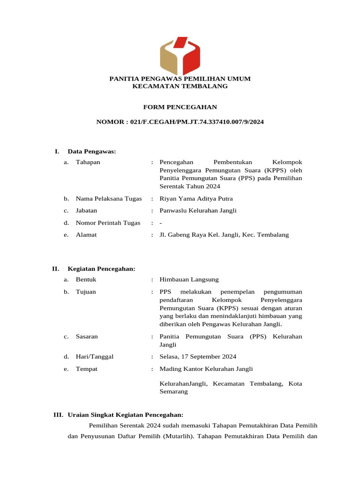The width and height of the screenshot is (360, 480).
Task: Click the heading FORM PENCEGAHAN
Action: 180,107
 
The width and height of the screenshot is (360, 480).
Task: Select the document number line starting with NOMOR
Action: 180,122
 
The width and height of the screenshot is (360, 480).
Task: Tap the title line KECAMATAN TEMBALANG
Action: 180,86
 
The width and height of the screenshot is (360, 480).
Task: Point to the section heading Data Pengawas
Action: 92,151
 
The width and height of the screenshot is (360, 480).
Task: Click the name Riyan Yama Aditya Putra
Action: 196,199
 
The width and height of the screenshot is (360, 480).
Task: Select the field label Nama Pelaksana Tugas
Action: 109,199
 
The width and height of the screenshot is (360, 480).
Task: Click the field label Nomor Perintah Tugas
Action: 108,223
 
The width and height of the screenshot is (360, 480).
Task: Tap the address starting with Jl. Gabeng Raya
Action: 224,235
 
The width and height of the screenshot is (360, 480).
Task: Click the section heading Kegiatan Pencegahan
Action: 101,269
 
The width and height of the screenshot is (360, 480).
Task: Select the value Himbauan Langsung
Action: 189,279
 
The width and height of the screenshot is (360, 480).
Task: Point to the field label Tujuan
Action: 86,292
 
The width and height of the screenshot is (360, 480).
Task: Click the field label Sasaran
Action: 87,337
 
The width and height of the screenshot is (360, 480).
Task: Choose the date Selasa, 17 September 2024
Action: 198,357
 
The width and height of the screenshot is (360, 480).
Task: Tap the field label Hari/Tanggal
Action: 95,357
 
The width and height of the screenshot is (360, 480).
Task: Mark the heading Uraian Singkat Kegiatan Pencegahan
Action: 125,415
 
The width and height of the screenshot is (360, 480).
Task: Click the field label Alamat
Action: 86,235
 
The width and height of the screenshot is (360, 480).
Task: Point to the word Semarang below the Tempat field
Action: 174,392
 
